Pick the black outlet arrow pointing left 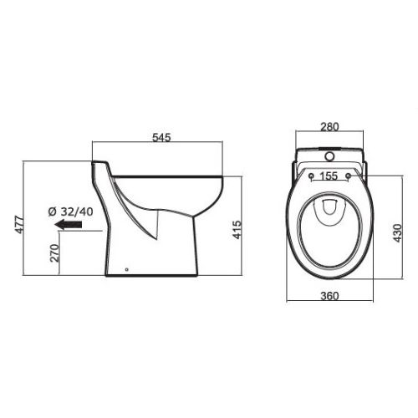pos(68,224)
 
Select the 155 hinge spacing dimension pos(329,176)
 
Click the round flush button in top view pos(329,155)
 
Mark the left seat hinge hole pos(309,176)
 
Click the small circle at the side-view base pos(125,270)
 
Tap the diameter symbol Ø pos(52,210)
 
